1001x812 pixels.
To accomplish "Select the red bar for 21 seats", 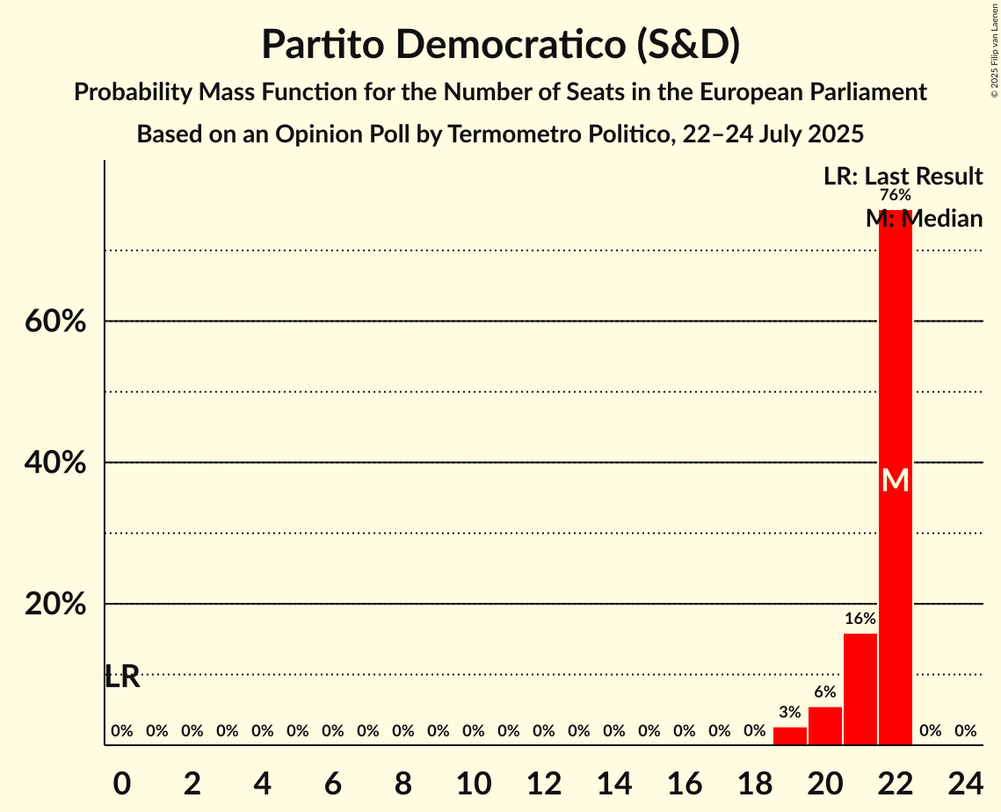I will [x=860, y=689].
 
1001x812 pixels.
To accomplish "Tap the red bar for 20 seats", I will [x=825, y=726].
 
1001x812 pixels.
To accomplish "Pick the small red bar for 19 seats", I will [x=790, y=736].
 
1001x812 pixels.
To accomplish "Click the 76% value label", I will [x=896, y=195].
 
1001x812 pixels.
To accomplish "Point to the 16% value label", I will [x=860, y=619].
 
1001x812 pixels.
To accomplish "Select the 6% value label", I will [x=825, y=692].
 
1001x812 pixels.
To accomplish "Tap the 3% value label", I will [x=790, y=713].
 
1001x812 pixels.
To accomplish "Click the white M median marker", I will [x=896, y=480].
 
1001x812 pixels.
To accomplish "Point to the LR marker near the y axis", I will [x=122, y=677].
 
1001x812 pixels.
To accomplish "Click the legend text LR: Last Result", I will [x=903, y=177].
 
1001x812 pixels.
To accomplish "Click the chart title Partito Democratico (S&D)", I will [x=500, y=45].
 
